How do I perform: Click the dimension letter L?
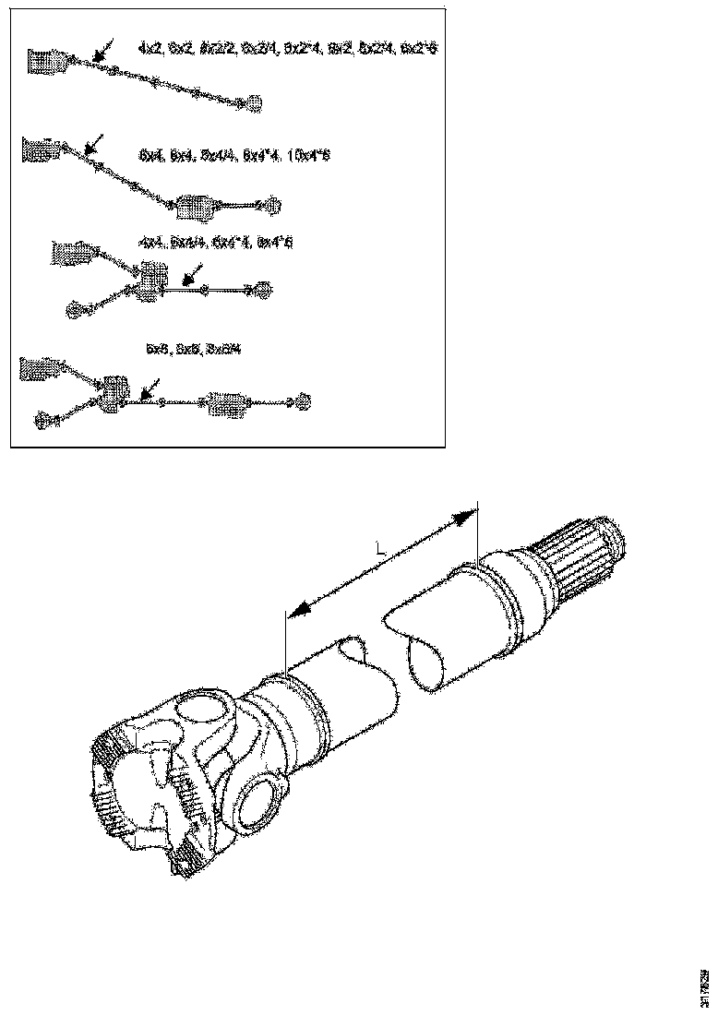(x=380, y=549)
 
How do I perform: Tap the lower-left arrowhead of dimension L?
(x=294, y=613)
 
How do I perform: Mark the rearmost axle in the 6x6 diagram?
(x=302, y=401)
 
